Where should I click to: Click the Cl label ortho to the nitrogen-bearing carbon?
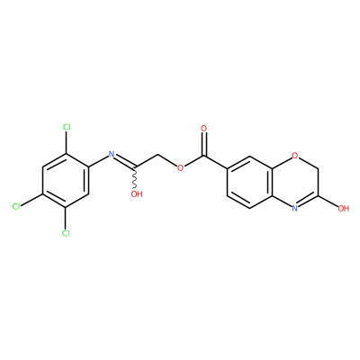67,127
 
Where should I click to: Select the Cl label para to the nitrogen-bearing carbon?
16,206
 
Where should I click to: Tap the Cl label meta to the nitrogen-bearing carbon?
66,233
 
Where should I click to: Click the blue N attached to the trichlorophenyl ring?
112,155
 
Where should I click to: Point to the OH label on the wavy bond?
137,194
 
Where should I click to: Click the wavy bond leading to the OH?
135,177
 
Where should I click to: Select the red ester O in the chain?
180,167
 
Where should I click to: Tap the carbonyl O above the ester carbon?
204,129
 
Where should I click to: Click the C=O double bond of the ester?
204,144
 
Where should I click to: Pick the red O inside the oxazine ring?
295,156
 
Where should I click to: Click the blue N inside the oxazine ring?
295,208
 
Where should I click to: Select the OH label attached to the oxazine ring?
344,208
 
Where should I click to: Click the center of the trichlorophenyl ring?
66,180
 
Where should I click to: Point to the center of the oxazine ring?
295,182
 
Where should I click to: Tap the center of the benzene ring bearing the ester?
250,182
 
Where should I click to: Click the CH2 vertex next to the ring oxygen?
318,168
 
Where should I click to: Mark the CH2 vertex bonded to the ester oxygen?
157,156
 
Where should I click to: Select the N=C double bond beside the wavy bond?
124,160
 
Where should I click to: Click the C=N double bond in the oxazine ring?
308,201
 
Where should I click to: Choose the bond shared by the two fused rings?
273,182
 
